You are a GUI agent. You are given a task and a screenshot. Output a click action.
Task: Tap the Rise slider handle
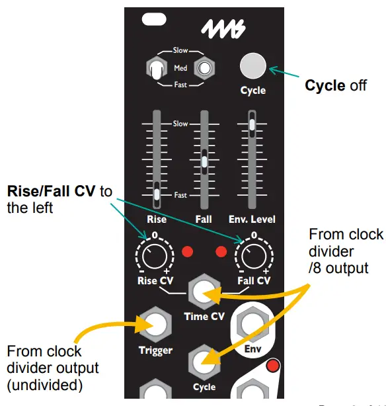point(157,194)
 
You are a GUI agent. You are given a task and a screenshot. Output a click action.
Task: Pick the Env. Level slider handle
point(252,124)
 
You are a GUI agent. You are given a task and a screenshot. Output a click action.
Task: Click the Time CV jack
point(204,292)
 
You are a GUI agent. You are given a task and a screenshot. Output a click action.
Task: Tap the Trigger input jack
point(155,324)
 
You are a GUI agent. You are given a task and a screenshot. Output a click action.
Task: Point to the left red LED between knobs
point(188,253)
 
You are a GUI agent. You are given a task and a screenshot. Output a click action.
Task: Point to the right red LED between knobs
point(221,253)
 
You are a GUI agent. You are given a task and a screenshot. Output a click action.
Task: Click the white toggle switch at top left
point(156,69)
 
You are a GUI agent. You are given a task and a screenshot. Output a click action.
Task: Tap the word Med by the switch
point(180,68)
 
